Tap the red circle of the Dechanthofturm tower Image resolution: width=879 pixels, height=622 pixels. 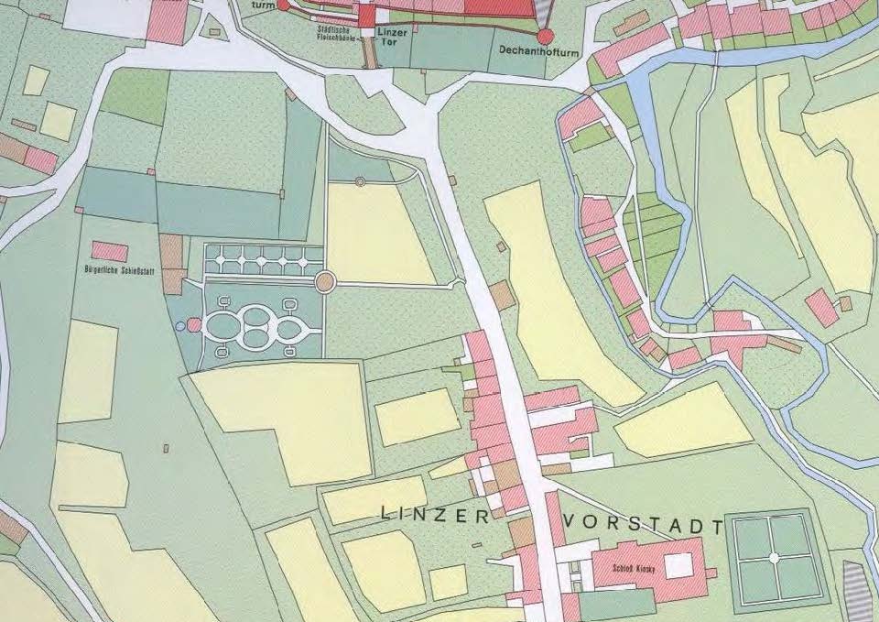click(x=546, y=37)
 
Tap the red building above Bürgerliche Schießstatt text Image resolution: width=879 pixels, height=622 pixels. click(x=109, y=251)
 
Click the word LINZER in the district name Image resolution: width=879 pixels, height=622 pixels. click(x=435, y=517)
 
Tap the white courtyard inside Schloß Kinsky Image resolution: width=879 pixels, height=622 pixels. click(x=678, y=565)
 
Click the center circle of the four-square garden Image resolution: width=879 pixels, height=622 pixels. click(x=774, y=557)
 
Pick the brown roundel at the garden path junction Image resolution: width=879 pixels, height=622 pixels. click(x=324, y=282)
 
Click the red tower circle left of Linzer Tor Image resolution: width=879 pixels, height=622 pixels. click(x=283, y=5)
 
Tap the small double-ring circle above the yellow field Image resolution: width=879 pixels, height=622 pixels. click(x=360, y=181)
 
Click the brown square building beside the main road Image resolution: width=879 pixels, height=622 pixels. click(x=501, y=296)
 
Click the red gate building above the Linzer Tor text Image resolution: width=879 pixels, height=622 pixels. click(x=367, y=15)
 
